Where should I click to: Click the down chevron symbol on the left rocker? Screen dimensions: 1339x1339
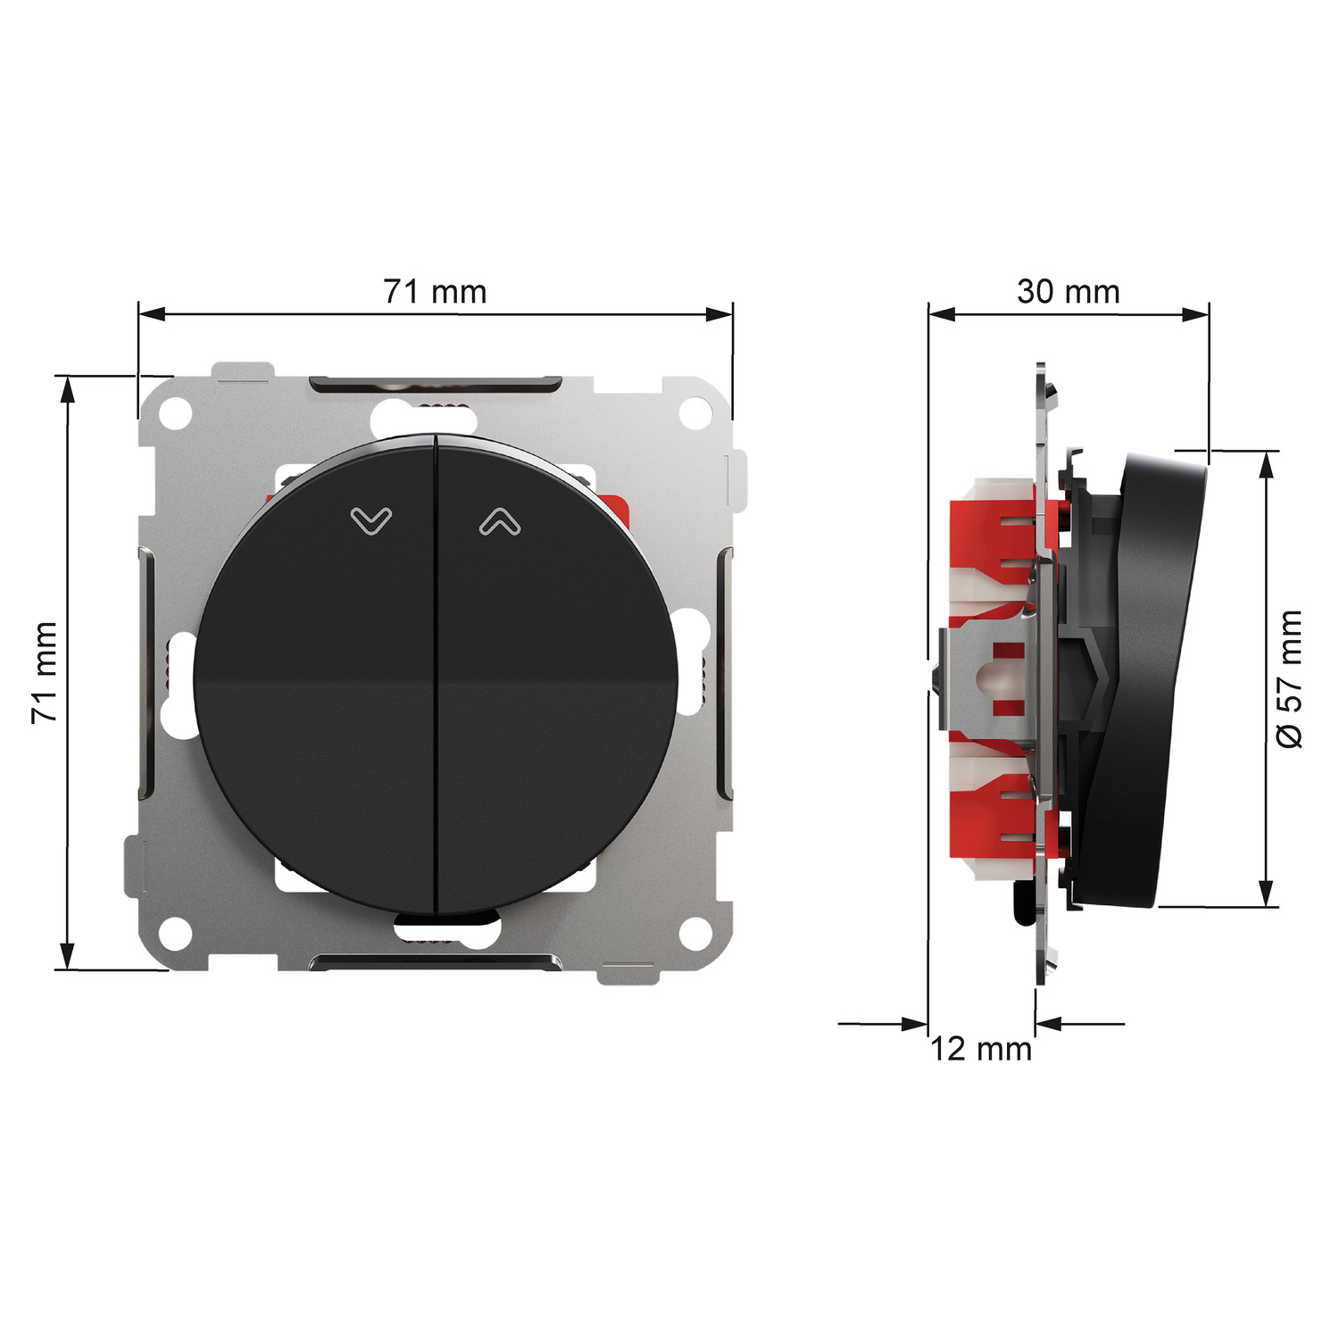coord(371,520)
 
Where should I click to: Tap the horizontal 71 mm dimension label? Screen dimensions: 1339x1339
coord(435,292)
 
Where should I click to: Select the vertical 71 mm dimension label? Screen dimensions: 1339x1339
coord(45,672)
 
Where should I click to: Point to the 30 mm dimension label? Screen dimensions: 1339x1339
coord(1068,292)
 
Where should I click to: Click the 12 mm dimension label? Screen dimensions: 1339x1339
coord(981,1049)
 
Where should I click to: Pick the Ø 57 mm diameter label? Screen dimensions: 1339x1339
coord(1290,679)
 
